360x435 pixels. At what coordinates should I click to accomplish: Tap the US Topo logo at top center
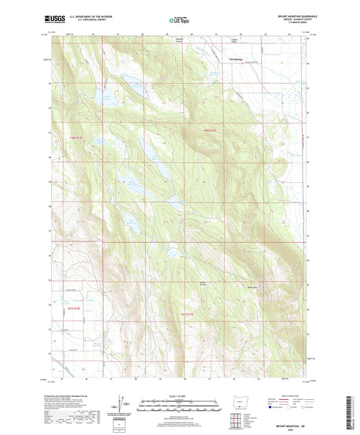[178, 21]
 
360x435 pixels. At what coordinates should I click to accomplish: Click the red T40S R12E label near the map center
[211, 130]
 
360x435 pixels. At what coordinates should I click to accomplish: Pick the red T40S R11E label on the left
[74, 138]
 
